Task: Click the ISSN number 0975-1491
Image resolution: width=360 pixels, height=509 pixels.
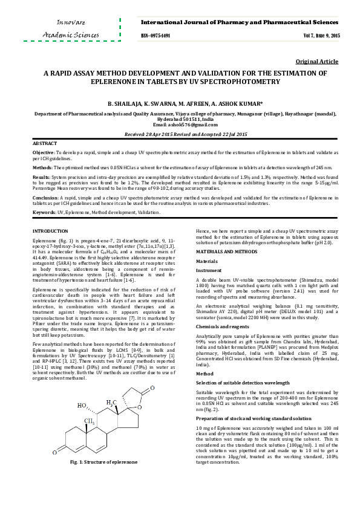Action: coord(155,36)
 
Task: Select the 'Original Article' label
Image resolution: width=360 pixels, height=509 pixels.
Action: coord(317,62)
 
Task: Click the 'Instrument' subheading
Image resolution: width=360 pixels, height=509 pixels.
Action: coord(209,271)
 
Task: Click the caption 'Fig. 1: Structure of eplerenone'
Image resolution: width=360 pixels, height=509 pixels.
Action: coord(107,479)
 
